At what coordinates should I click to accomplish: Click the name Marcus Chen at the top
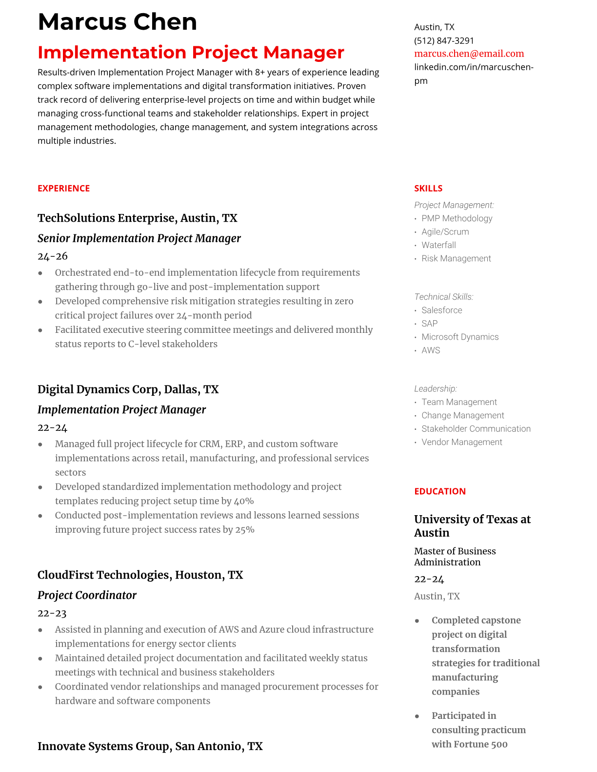tap(117, 22)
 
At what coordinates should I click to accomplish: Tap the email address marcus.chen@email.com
tap(469, 54)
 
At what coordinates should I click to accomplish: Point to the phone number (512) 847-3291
tap(444, 40)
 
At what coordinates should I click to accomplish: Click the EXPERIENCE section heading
tap(63, 189)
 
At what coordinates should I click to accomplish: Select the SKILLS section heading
tap(428, 189)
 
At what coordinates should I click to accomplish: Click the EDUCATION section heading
tap(439, 491)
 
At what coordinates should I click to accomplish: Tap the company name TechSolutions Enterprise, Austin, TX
tap(137, 218)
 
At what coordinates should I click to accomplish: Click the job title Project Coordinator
tap(87, 595)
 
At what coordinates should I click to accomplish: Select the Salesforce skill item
tap(441, 310)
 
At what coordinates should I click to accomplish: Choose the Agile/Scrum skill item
tap(445, 232)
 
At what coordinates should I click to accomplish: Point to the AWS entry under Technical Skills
tap(431, 350)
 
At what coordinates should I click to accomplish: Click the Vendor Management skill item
tap(461, 442)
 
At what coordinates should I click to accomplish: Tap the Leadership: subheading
tap(435, 388)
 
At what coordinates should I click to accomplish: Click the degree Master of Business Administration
tap(455, 557)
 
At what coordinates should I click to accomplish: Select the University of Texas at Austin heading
tap(472, 526)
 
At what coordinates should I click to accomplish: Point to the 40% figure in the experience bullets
tap(244, 501)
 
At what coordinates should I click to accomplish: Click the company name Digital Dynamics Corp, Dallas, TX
tap(128, 389)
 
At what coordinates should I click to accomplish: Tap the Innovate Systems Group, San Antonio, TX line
tap(150, 746)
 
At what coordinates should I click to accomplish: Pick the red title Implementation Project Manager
tap(191, 53)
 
